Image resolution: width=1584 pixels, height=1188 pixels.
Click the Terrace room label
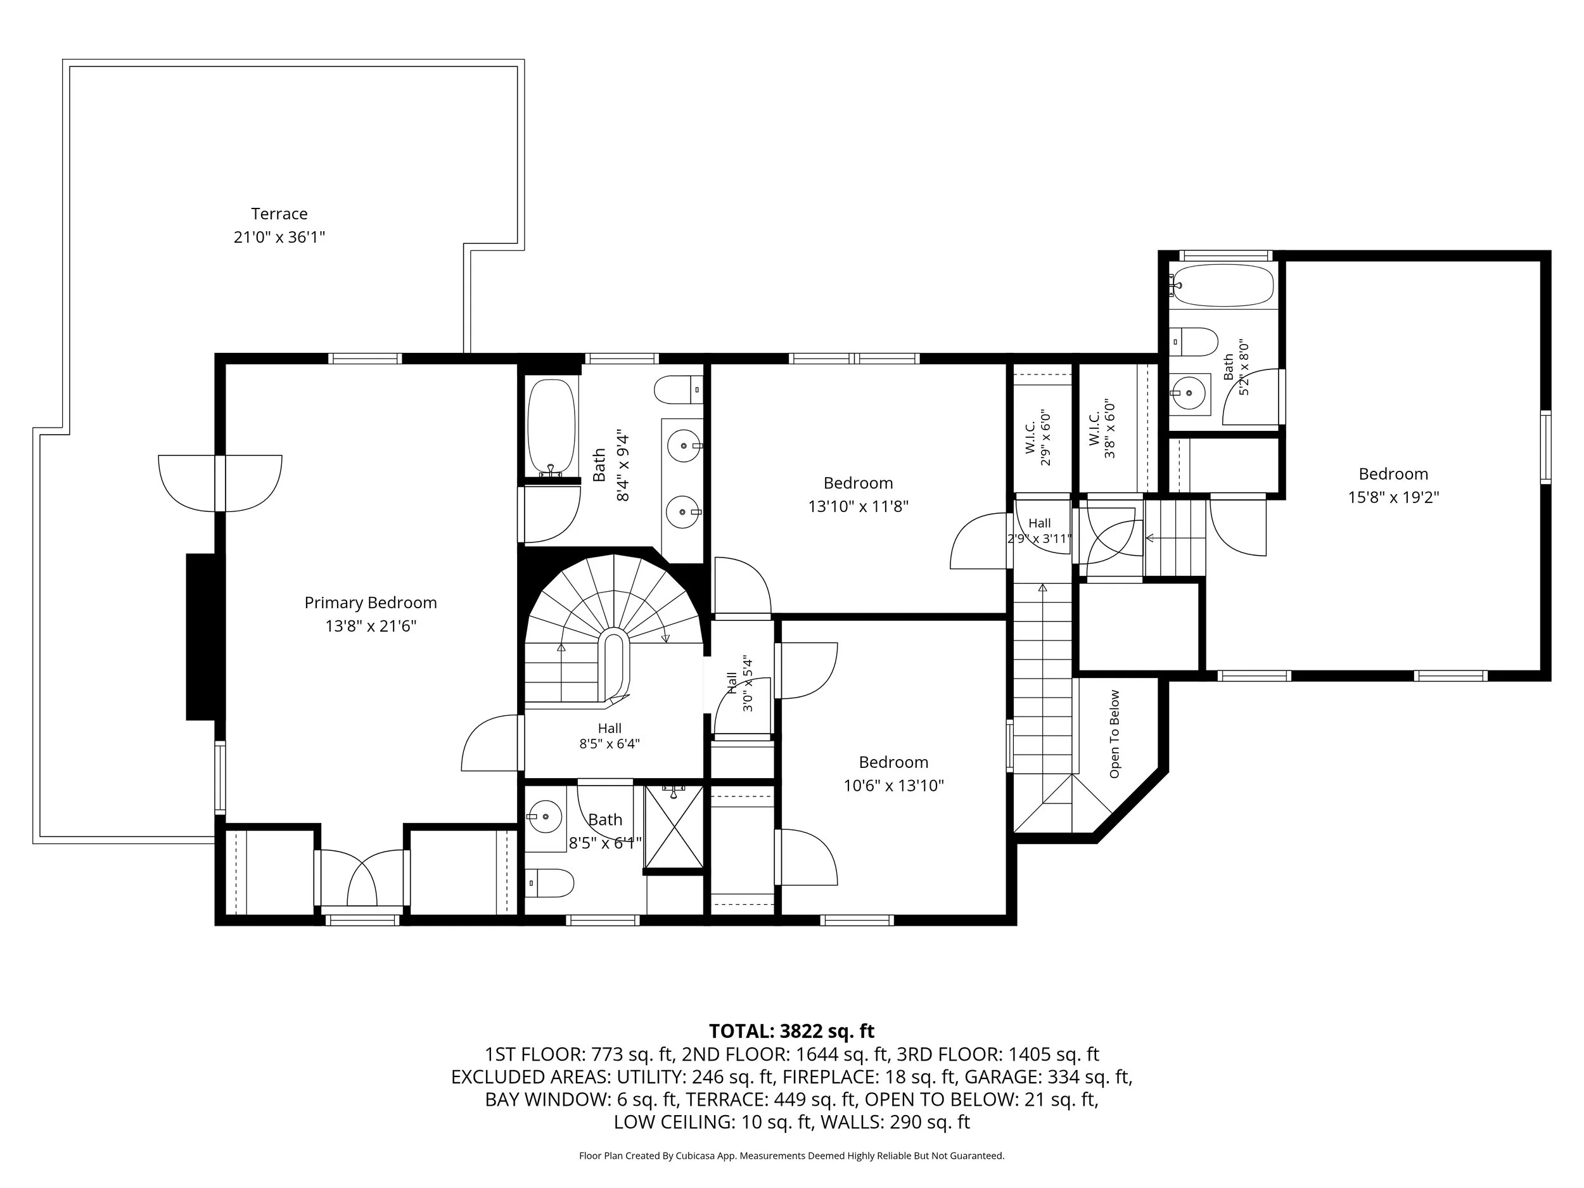(x=279, y=214)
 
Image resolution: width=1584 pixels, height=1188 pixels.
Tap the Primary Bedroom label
(x=370, y=603)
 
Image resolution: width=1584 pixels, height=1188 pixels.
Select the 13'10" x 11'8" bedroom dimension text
(x=858, y=506)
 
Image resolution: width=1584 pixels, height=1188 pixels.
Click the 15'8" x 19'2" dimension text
(x=1393, y=497)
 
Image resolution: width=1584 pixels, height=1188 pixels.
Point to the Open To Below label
(x=1115, y=734)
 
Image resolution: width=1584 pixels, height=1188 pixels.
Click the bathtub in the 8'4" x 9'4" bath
(x=551, y=427)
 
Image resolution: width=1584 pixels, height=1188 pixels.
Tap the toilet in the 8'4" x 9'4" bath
(x=678, y=390)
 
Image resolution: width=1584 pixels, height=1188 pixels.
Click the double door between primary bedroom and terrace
(x=220, y=483)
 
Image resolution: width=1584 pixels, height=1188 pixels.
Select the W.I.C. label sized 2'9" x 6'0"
(x=1038, y=438)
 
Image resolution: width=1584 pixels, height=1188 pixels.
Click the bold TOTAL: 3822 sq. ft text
(x=791, y=1031)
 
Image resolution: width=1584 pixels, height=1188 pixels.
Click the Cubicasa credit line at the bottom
(x=791, y=1156)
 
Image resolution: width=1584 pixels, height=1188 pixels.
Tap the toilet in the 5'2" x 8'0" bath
(x=1193, y=342)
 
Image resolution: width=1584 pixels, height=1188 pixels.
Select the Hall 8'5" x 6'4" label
(x=610, y=736)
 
